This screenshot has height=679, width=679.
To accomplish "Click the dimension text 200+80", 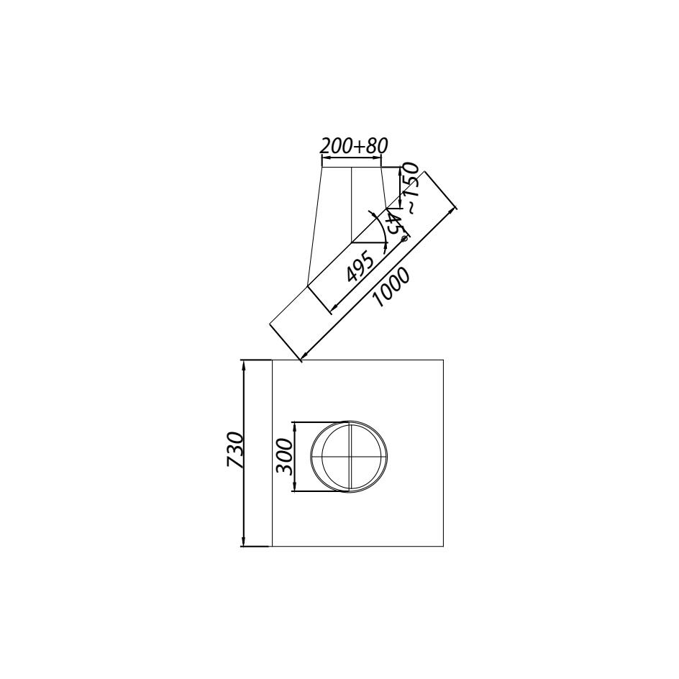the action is [353, 146].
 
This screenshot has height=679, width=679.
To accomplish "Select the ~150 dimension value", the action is [410, 188].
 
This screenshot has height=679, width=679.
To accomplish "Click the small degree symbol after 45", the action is [405, 238].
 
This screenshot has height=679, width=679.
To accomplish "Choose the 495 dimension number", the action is [360, 267].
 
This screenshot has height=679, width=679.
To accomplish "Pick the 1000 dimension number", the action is [391, 288].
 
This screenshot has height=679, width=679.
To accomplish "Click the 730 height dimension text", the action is [236, 450].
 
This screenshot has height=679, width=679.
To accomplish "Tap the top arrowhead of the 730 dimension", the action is [244, 365].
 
